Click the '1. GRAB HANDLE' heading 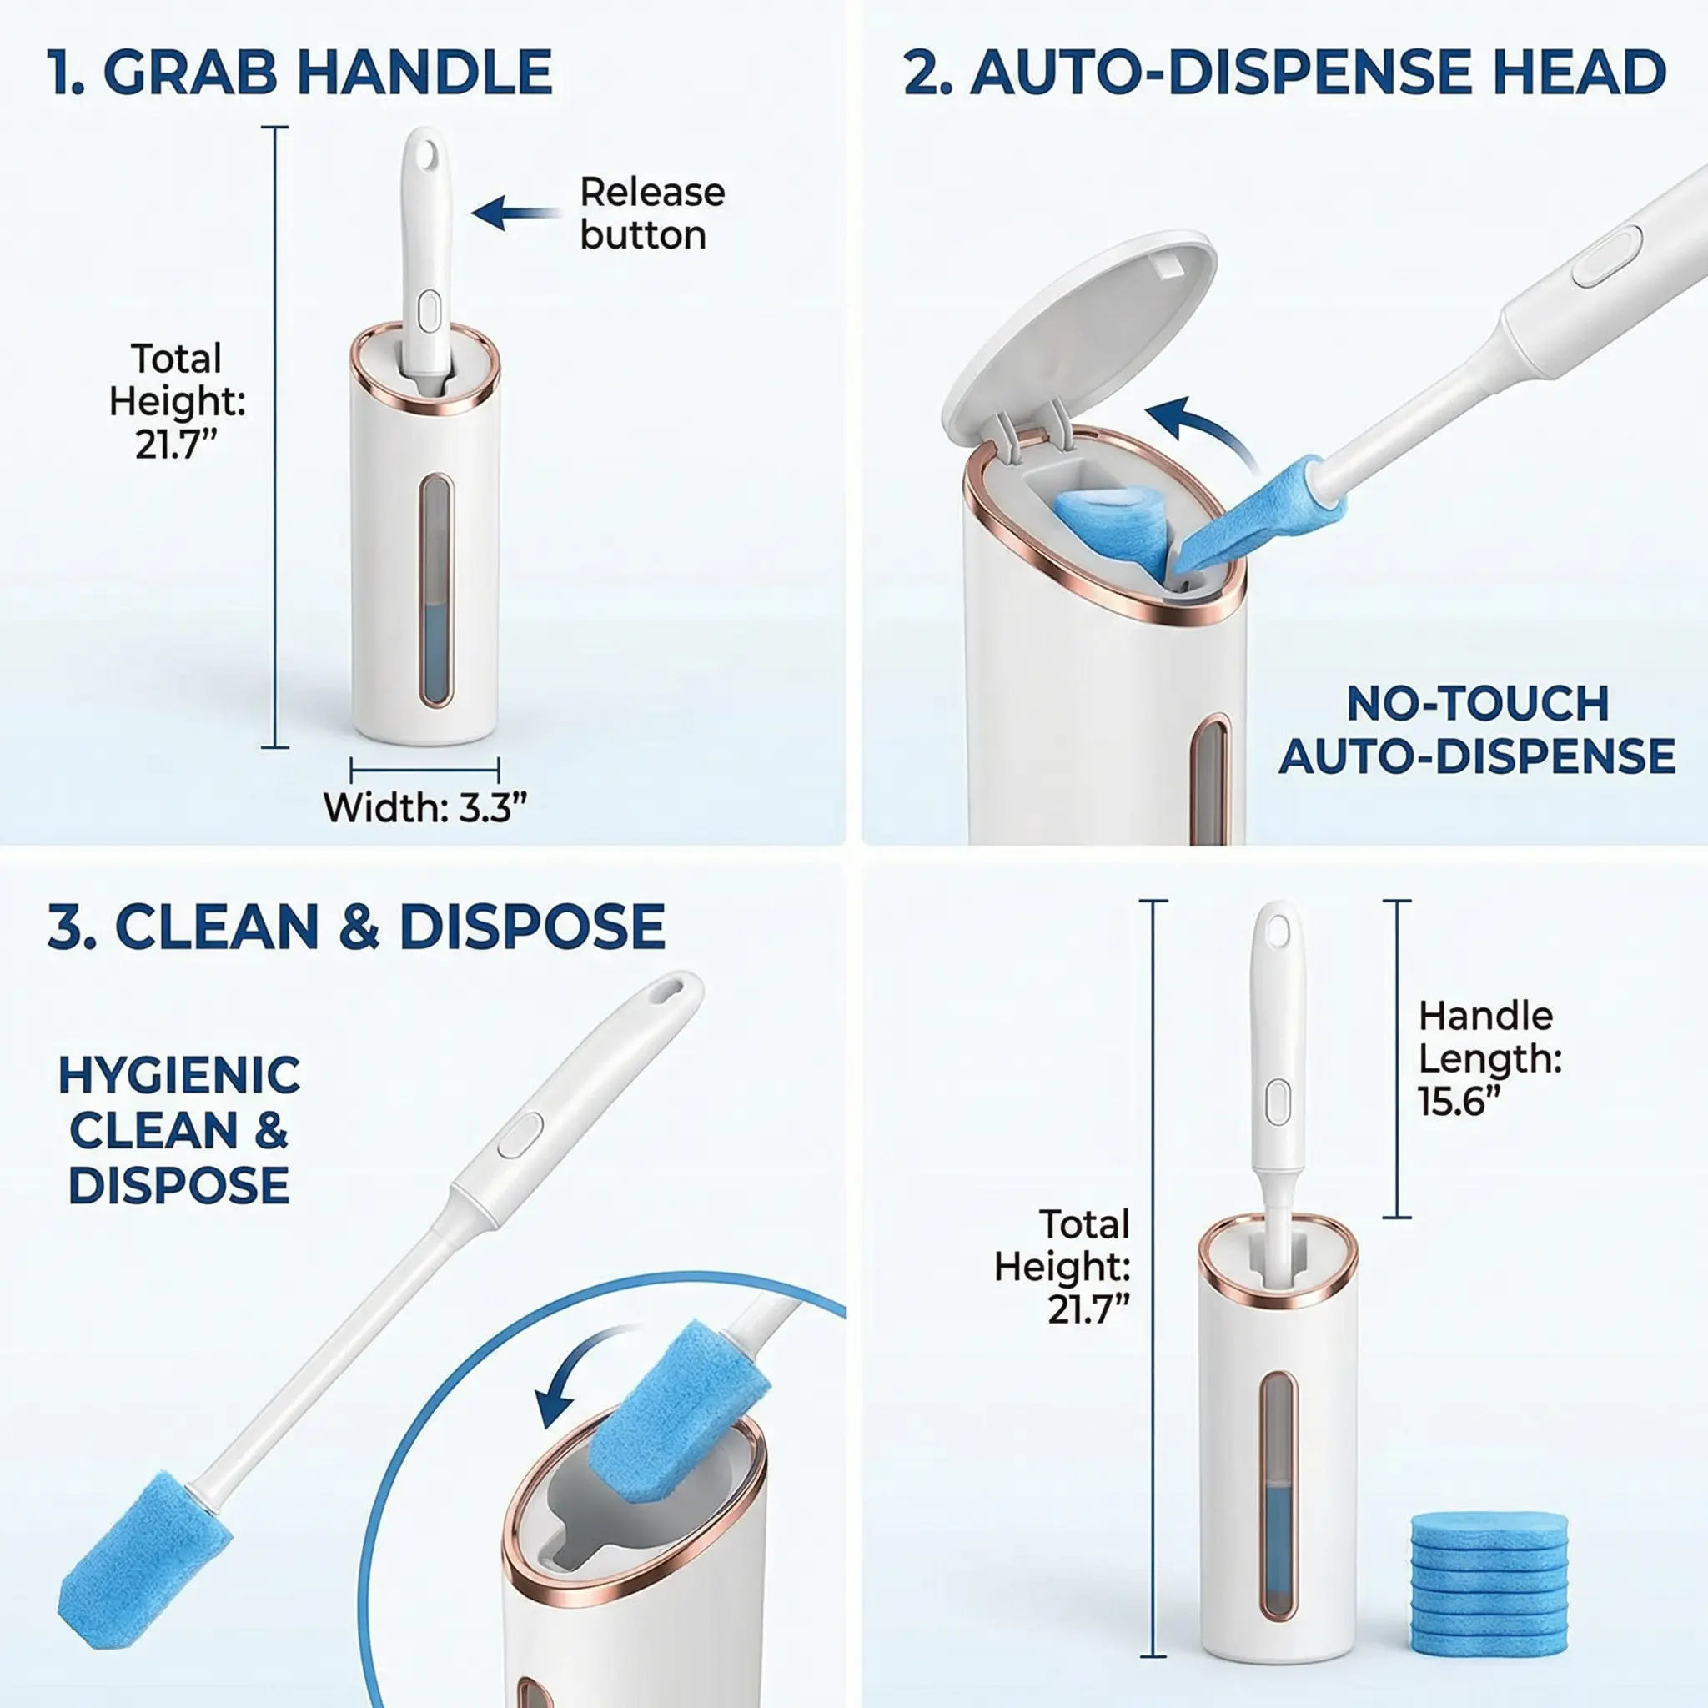(x=300, y=73)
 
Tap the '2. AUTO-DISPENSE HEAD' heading (x=1284, y=73)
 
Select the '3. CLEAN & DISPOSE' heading (x=356, y=927)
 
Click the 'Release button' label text (x=652, y=213)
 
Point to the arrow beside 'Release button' (x=516, y=212)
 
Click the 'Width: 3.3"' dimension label (x=425, y=807)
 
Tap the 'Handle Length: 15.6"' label (x=1490, y=1058)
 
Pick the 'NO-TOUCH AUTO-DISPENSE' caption (x=1477, y=731)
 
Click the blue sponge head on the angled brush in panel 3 (x=145, y=1559)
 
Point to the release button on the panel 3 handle (x=520, y=1134)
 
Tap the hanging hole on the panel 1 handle (x=429, y=153)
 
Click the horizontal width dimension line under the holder (x=425, y=770)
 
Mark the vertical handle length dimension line (x=1397, y=1058)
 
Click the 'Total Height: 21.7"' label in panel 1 (x=177, y=400)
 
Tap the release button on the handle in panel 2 (x=1607, y=256)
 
